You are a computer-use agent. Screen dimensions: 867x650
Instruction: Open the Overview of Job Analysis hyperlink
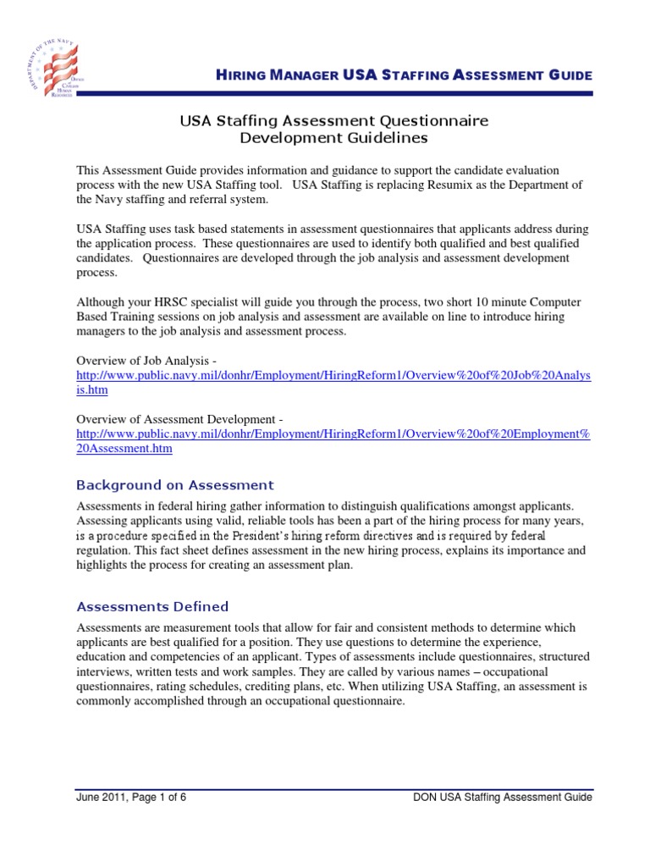(x=333, y=376)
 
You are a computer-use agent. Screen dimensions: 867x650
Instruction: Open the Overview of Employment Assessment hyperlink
(x=333, y=434)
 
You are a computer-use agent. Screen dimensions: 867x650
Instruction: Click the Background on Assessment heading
(x=175, y=485)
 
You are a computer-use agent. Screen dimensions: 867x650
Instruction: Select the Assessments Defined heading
(x=152, y=606)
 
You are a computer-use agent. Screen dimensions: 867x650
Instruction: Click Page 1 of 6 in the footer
(x=158, y=797)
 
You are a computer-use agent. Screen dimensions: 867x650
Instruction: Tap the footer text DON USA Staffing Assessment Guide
(x=502, y=797)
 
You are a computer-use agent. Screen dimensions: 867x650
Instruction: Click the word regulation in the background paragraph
(x=103, y=551)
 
